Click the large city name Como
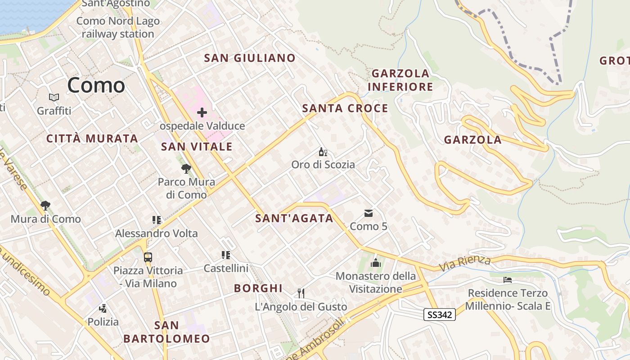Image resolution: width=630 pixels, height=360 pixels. pyautogui.click(x=96, y=85)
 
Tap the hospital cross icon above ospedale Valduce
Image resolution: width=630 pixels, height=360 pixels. pyautogui.click(x=202, y=112)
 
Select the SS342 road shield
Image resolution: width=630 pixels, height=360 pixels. pyautogui.click(x=439, y=315)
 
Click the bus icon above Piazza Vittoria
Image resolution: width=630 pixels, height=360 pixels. pyautogui.click(x=148, y=257)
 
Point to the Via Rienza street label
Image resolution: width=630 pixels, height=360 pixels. pyautogui.click(x=464, y=262)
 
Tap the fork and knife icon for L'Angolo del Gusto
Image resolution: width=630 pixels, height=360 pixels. pyautogui.click(x=301, y=293)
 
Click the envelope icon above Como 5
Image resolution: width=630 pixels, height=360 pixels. pyautogui.click(x=369, y=213)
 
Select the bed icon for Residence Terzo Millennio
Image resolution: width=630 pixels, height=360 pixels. pyautogui.click(x=508, y=280)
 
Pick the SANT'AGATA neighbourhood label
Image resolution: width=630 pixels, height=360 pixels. pyautogui.click(x=294, y=219)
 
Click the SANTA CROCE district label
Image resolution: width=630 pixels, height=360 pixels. pyautogui.click(x=345, y=108)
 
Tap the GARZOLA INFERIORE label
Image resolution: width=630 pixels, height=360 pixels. pyautogui.click(x=400, y=80)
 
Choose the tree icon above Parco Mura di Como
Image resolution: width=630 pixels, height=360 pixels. pyautogui.click(x=186, y=169)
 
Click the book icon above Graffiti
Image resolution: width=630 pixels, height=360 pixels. pyautogui.click(x=54, y=97)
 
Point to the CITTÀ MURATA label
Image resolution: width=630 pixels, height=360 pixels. pyautogui.click(x=92, y=139)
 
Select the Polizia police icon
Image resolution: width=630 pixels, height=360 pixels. pyautogui.click(x=103, y=308)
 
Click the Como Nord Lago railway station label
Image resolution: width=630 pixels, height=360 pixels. pyautogui.click(x=118, y=27)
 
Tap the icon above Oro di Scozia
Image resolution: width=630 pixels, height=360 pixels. pyautogui.click(x=323, y=152)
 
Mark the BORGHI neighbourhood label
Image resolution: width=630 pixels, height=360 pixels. pyautogui.click(x=258, y=288)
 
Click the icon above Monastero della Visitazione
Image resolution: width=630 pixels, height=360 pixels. pyautogui.click(x=376, y=263)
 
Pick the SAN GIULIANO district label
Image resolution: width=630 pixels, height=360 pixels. pyautogui.click(x=250, y=58)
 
